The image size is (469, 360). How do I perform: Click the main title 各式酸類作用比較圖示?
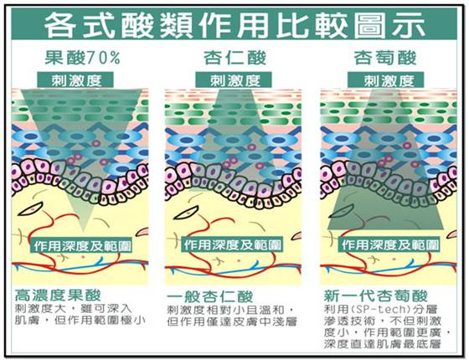234,25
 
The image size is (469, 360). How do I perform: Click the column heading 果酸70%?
83,58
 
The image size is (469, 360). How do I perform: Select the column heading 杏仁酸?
234,58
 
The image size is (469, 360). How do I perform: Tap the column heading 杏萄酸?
385,58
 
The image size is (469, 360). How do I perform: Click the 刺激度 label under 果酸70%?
76,80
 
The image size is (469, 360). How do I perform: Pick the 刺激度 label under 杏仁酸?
234,80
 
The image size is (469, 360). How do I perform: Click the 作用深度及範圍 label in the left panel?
82,246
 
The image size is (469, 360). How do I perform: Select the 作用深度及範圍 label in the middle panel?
233,244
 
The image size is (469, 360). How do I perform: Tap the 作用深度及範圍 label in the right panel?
390,244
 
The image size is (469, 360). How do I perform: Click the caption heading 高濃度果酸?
58,295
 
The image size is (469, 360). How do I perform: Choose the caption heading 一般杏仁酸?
210,296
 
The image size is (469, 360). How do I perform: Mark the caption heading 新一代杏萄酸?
376,296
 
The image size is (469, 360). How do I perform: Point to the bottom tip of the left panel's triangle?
84,232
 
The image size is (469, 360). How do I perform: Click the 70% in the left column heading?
103,58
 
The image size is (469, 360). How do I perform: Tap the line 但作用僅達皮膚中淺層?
232,321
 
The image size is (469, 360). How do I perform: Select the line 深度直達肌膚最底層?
383,344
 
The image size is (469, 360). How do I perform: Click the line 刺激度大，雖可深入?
74,308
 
